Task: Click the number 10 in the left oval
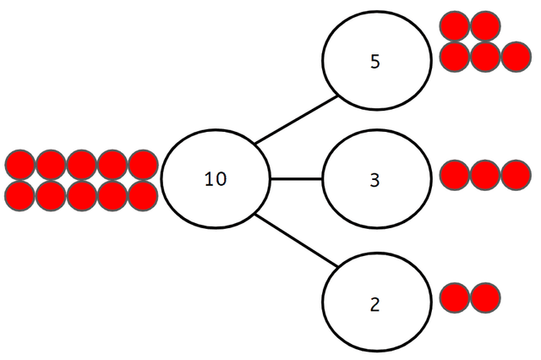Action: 215,179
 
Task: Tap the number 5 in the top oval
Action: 375,63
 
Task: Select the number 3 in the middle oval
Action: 375,179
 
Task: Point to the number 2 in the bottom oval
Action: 375,303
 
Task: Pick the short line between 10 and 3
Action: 296,179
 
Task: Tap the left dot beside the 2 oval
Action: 455,297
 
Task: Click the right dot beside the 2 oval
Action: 484,297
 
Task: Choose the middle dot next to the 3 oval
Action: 484,175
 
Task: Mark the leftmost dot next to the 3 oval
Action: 455,175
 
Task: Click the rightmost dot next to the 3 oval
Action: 515,175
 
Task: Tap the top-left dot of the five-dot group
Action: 455,26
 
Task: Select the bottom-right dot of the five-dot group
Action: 515,57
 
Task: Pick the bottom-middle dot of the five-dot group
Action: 484,57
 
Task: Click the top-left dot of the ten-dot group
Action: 19,165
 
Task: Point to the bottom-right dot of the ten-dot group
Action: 143,195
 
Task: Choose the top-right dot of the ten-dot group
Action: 143,165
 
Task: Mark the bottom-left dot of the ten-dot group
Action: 19,195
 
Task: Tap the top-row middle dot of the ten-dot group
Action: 81,165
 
